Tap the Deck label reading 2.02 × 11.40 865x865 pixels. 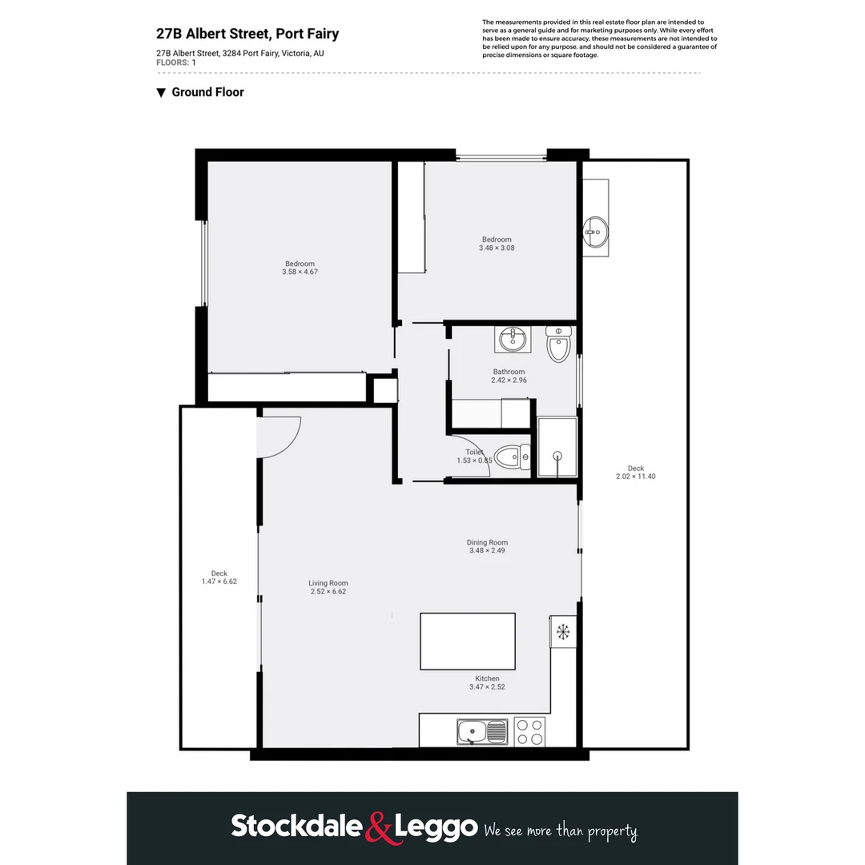635,473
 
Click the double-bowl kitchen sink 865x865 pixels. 482,731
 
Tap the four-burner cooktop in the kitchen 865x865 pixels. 529,731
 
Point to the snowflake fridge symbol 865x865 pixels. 563,632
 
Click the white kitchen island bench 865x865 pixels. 468,641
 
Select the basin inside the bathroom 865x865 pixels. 511,340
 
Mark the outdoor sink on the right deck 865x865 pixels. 595,232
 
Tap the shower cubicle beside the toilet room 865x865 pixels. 557,448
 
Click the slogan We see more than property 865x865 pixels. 561,831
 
